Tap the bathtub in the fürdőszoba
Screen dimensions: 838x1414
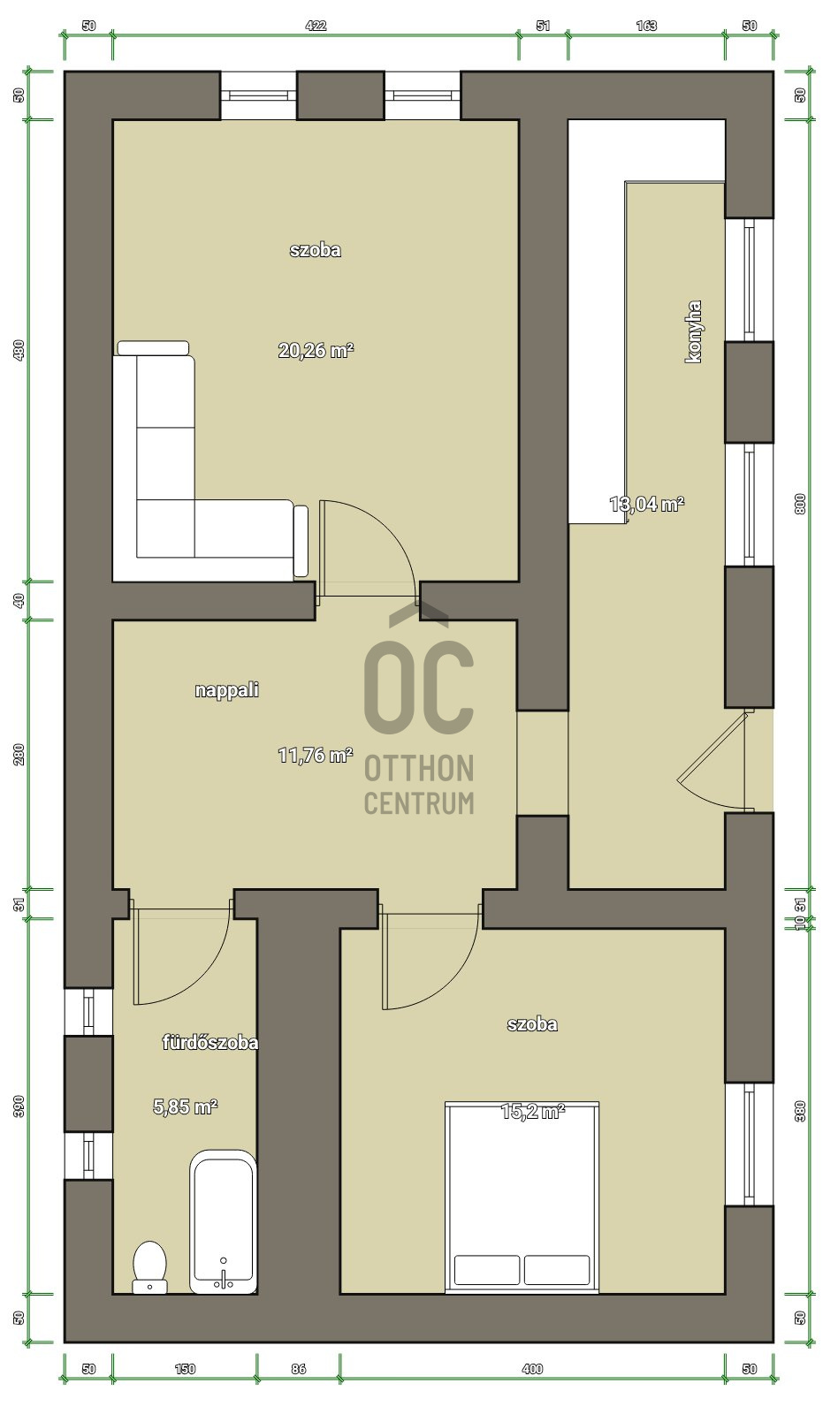coord(223,1223)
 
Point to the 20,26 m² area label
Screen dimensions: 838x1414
coord(316,350)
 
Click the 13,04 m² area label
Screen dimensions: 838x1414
coord(647,504)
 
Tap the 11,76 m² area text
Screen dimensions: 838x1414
coord(315,755)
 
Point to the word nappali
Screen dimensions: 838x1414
coord(226,690)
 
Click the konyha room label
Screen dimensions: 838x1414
coord(693,331)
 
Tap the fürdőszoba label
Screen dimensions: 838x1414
coord(210,1042)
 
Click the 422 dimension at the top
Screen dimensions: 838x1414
coord(316,26)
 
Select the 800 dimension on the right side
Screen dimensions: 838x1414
coord(800,504)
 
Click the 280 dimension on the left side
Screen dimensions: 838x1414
coord(19,755)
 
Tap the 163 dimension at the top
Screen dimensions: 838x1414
coord(646,26)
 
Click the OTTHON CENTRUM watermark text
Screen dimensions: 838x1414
coord(419,785)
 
